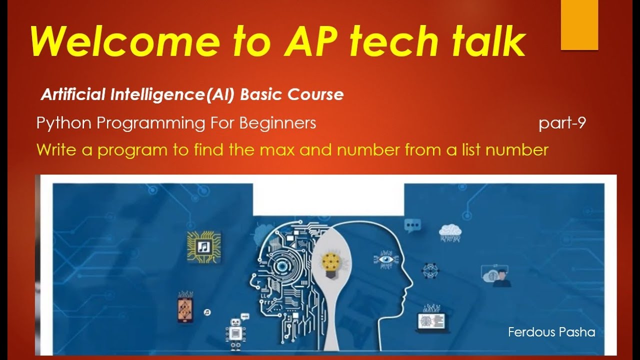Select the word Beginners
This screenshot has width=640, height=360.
pyautogui.click(x=277, y=123)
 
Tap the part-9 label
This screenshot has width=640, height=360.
pyautogui.click(x=562, y=123)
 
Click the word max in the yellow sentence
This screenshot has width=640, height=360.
pyautogui.click(x=288, y=149)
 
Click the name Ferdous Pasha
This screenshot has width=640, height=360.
pyautogui.click(x=551, y=332)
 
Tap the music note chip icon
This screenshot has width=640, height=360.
pyautogui.click(x=203, y=246)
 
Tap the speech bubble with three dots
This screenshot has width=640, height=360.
pyautogui.click(x=412, y=226)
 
